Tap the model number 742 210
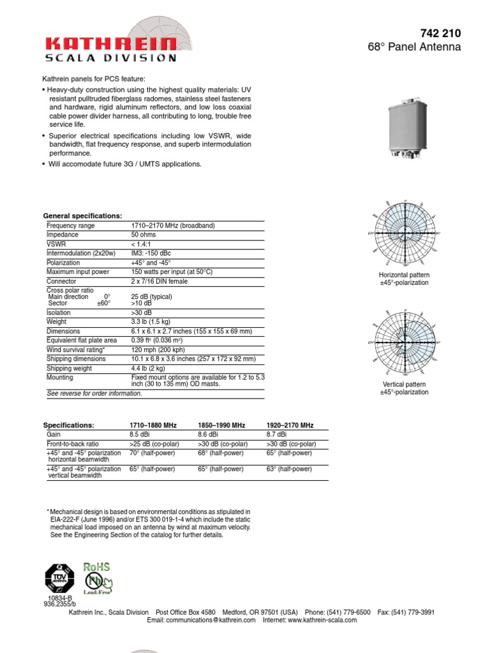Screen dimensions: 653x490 (x=440, y=34)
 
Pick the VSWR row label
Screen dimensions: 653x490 (x=56, y=244)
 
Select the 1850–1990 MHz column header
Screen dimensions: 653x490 (x=221, y=425)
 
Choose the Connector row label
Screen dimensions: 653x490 (x=62, y=281)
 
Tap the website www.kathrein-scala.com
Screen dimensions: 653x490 (x=322, y=620)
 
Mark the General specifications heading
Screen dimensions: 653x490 (x=82, y=216)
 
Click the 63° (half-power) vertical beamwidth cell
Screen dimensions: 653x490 (x=289, y=469)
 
